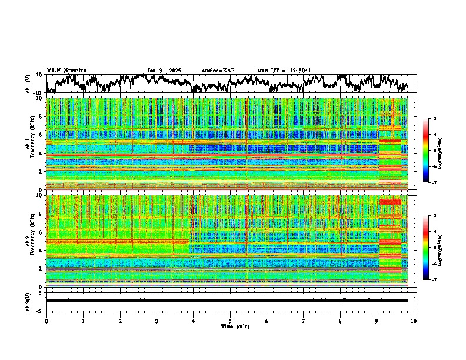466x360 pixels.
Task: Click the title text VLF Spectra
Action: coord(66,70)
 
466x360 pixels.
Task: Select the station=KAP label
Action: coord(218,71)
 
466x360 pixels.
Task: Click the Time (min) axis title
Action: coord(230,326)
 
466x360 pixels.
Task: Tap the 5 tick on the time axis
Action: coord(230,321)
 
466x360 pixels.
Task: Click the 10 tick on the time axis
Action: coord(414,321)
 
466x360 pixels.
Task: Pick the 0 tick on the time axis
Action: coord(46,321)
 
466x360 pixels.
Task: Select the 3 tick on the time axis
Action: coord(157,321)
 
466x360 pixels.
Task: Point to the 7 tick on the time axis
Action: coord(304,321)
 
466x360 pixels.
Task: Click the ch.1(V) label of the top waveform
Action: coord(28,84)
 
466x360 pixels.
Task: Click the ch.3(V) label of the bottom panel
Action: coord(28,300)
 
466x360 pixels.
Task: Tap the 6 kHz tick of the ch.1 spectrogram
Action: coord(42,135)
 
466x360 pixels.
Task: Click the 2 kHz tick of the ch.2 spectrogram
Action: coord(42,269)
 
